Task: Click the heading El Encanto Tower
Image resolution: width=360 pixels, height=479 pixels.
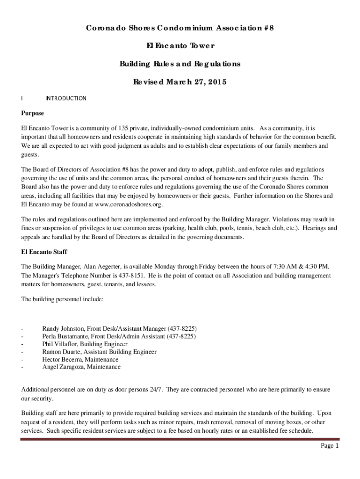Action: tap(180, 46)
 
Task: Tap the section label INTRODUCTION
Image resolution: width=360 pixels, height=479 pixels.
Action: tap(65, 98)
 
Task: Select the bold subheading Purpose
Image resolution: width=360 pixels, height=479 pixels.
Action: tap(33, 113)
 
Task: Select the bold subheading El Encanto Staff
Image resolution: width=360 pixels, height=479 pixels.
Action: tap(44, 252)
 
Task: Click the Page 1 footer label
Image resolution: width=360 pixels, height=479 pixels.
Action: tap(329, 446)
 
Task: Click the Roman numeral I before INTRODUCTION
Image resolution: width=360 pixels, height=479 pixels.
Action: tap(22, 98)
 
